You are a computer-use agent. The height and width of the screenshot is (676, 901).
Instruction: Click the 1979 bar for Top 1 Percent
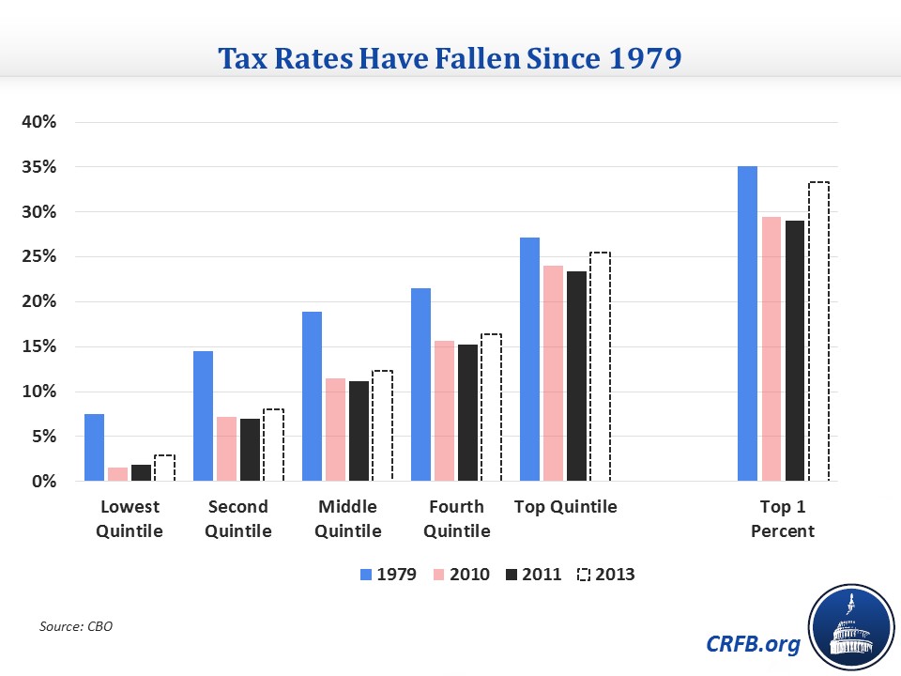pyautogui.click(x=747, y=324)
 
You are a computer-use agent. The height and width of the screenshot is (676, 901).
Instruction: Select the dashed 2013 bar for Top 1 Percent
pyautogui.click(x=818, y=331)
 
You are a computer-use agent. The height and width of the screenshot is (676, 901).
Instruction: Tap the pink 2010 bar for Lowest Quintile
pyautogui.click(x=118, y=474)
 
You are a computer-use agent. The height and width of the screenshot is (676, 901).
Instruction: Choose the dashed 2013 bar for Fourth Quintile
pyautogui.click(x=491, y=407)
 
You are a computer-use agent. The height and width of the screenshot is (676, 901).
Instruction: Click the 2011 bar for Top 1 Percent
pyautogui.click(x=795, y=351)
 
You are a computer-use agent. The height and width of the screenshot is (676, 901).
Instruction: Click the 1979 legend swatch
pyautogui.click(x=365, y=574)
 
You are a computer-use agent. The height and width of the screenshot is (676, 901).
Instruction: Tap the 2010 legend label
pyautogui.click(x=470, y=574)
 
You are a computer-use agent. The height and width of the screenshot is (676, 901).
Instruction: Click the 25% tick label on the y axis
pyautogui.click(x=40, y=257)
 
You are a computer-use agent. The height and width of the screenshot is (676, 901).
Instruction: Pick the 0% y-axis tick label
pyautogui.click(x=44, y=482)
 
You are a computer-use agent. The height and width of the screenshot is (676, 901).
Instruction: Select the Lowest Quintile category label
pyautogui.click(x=130, y=518)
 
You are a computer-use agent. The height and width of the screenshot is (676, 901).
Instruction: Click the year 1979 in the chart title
pyautogui.click(x=636, y=59)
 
